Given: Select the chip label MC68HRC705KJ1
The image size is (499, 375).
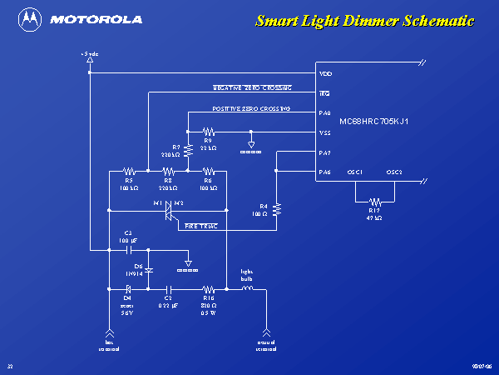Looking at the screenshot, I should (374, 122).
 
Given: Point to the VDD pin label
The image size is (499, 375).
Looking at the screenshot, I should (325, 74).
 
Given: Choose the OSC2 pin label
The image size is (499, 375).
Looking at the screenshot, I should (394, 172).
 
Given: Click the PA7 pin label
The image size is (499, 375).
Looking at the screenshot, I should (324, 152).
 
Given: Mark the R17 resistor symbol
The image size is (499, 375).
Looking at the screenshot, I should (375, 201).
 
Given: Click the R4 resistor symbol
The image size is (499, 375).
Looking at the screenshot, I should (277, 208).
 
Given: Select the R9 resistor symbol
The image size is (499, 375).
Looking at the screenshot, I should (209, 131).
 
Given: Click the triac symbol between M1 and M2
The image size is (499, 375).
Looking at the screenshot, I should (168, 212).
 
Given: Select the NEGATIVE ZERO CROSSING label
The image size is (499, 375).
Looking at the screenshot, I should (253, 87).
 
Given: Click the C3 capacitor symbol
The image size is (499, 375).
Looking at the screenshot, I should (129, 248).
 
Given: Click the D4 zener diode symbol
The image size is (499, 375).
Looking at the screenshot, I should (128, 289).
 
